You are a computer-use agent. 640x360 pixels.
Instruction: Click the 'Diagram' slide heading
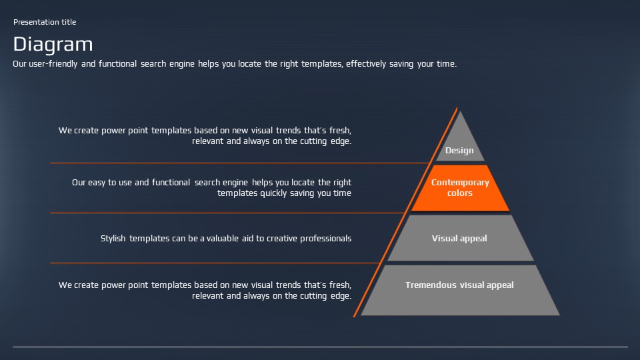[53, 45]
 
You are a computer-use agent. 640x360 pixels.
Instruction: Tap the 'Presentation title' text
[45, 22]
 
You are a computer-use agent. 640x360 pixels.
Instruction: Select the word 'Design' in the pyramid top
[459, 151]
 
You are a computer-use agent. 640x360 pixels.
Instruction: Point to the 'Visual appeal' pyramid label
[459, 239]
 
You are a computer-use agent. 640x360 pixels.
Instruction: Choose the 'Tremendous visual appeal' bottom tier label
[459, 285]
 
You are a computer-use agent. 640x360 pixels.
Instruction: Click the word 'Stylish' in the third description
[113, 239]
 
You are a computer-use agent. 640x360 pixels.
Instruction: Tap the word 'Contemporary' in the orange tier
[460, 183]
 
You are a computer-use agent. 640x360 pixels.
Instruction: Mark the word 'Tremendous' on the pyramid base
[430, 285]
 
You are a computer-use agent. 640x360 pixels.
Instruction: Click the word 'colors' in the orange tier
[460, 193]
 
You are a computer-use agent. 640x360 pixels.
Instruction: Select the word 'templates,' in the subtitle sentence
[322, 64]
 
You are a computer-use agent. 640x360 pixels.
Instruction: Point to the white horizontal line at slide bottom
[320, 347]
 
